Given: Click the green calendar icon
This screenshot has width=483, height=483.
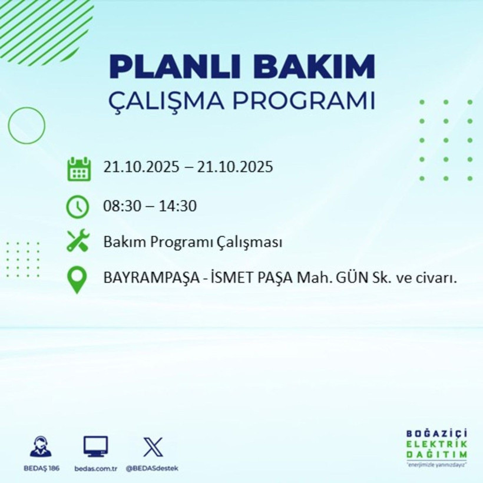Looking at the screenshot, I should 79,168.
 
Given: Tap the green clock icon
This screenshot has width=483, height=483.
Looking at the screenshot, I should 78,206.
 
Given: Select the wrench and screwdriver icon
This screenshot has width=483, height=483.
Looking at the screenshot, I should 78,241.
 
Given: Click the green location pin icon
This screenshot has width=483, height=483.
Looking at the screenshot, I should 78,280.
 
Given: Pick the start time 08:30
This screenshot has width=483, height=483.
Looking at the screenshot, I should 121,206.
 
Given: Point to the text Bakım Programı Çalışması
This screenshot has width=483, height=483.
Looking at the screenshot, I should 193,242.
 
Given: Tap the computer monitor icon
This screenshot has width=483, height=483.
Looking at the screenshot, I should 95,446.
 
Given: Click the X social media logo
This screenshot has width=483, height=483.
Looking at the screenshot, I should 153,446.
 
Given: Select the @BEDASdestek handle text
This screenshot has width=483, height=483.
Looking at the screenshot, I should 152,468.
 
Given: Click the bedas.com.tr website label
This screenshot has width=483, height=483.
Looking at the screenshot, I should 95,468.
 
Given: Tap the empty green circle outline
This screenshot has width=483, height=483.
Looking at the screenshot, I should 27,125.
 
